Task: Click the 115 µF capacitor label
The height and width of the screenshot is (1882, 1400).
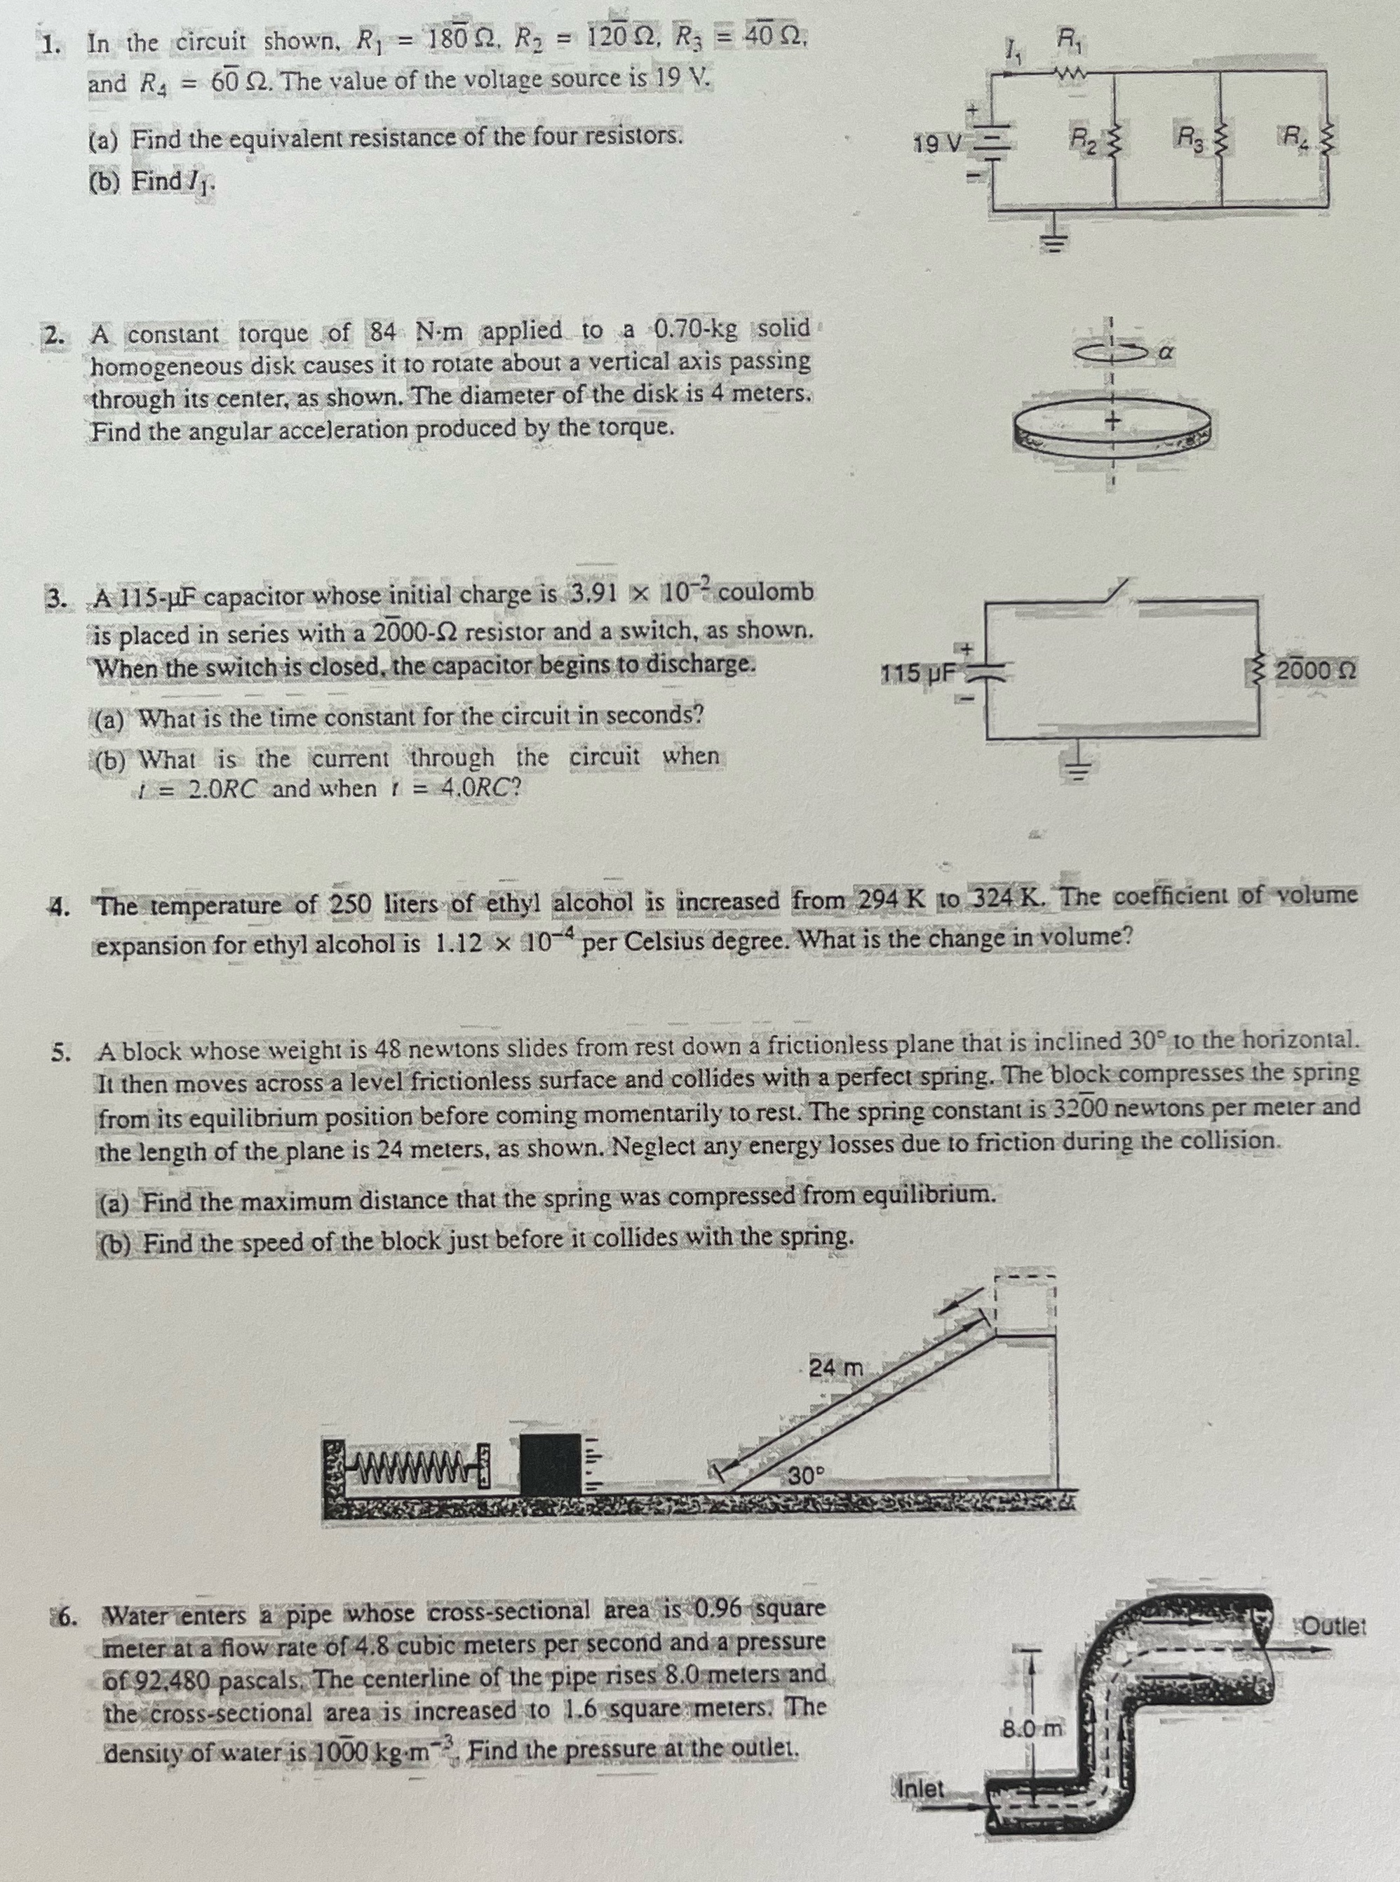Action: (918, 675)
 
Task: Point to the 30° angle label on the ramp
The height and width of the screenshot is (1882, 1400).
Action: (806, 1475)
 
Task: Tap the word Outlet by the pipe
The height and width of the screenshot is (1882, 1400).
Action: (1333, 1627)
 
